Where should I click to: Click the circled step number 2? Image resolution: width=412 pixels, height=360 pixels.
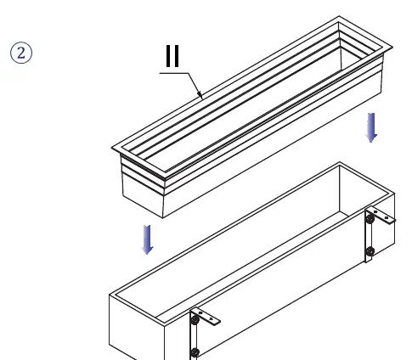[x=21, y=53]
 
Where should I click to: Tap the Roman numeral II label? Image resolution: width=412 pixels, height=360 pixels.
[x=172, y=56]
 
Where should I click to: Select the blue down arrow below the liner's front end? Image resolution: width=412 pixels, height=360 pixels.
[x=148, y=239]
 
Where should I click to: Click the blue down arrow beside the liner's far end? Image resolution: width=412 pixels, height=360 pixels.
[x=371, y=127]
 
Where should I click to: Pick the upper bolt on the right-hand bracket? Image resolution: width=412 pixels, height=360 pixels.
[x=370, y=218]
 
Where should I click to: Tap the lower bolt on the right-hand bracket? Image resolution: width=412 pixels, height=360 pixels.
[x=370, y=251]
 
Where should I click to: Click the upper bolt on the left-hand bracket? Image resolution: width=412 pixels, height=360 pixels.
[x=195, y=320]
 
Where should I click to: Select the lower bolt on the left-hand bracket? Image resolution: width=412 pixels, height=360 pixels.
[x=195, y=352]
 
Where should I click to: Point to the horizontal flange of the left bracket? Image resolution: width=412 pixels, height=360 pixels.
[x=206, y=317]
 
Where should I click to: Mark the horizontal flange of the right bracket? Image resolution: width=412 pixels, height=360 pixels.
[x=381, y=216]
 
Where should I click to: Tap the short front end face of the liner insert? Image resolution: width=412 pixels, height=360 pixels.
[x=143, y=187]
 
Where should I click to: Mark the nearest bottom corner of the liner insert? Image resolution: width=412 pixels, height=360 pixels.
[x=163, y=218]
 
